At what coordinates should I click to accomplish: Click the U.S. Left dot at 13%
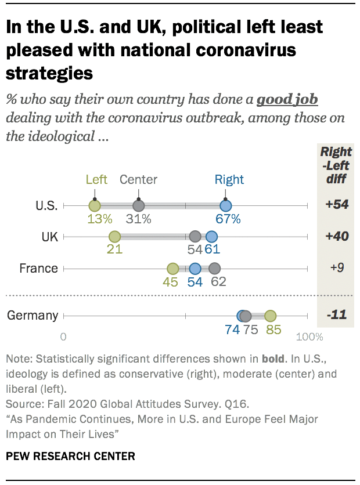[x=95, y=205]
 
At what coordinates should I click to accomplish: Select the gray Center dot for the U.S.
[x=138, y=205]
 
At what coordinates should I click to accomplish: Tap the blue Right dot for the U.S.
[x=226, y=205]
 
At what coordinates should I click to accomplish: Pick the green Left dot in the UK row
[x=114, y=237]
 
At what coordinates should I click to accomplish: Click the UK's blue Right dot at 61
[x=211, y=237]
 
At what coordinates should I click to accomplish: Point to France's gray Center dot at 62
[x=215, y=269]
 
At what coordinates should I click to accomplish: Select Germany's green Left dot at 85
[x=270, y=316]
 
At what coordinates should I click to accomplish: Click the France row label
[x=38, y=269]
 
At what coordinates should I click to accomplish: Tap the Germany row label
[x=33, y=316]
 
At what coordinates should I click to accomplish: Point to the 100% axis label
[x=309, y=337]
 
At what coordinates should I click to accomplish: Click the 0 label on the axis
[x=63, y=337]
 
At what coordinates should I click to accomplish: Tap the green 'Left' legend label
[x=96, y=179]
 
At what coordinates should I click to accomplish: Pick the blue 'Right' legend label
[x=229, y=179]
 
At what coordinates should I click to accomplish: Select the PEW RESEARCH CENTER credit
[x=70, y=456]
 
